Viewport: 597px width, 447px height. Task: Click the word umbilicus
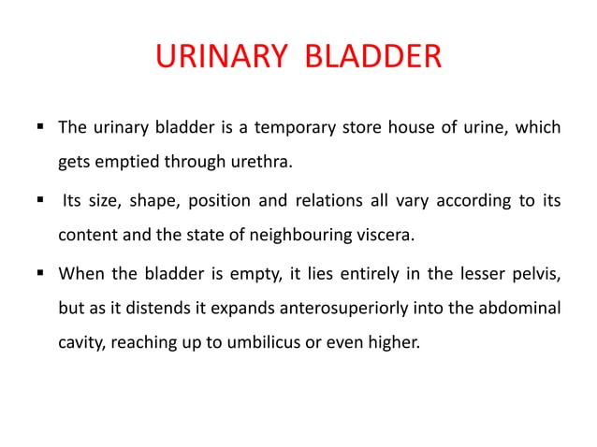(269, 343)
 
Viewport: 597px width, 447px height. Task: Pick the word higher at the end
(396, 343)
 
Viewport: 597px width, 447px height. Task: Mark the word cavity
(81, 343)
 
